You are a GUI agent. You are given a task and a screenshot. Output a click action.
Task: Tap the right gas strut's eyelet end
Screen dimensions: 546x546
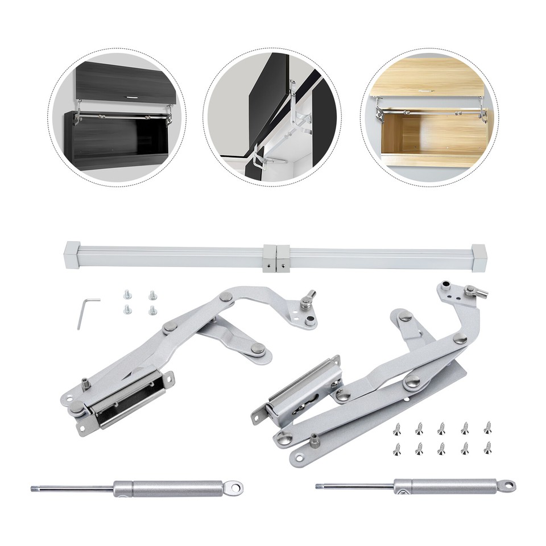[x=506, y=485]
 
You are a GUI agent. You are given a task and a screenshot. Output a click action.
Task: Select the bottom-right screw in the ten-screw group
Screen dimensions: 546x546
[x=487, y=448]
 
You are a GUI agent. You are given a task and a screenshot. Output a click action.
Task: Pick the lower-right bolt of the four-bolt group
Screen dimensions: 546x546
[x=152, y=310]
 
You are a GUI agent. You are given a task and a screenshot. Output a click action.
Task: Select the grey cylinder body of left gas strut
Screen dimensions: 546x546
[x=171, y=487]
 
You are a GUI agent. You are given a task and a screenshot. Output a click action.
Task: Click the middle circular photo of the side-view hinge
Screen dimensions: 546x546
[x=272, y=116]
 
